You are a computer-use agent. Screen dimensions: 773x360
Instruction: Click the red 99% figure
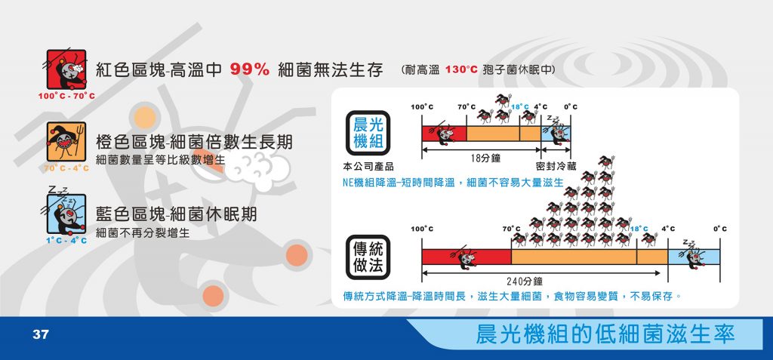pos(249,70)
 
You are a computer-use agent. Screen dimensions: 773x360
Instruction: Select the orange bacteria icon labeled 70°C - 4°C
pos(66,142)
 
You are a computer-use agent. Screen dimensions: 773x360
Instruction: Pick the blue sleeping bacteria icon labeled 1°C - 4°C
pos(66,214)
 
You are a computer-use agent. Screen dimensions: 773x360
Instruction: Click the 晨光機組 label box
pos(368,133)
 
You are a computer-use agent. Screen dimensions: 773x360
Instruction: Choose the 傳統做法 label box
pos(368,257)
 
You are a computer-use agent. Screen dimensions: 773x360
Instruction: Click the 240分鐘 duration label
pos(525,282)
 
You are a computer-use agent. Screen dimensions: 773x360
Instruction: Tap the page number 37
pos(41,335)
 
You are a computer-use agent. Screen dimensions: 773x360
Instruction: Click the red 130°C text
pos(461,70)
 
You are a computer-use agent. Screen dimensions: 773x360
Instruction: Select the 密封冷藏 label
pos(556,167)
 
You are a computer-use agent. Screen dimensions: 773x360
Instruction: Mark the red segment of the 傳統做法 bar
pos(467,257)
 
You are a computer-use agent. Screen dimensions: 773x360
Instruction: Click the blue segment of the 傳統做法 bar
pos(694,257)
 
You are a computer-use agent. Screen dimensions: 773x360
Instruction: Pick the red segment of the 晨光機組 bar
pos(444,134)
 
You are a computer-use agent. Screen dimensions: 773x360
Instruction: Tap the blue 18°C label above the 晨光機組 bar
pos(519,106)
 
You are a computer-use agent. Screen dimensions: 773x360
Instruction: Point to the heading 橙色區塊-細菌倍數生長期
pos(194,142)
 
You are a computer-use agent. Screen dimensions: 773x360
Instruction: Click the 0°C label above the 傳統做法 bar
pos(719,229)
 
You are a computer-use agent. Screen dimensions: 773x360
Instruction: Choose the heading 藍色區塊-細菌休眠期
pos(176,214)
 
